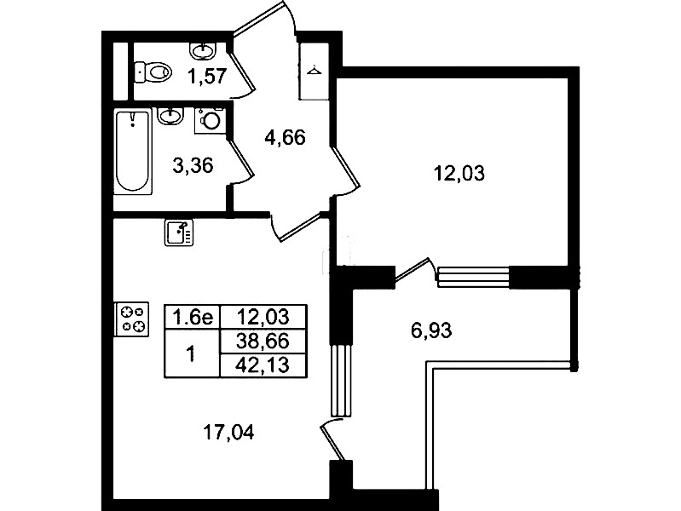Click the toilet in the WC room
152,72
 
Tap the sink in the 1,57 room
203,50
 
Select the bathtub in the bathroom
133,152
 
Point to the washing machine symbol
211,120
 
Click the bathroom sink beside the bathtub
170,116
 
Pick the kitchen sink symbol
179,233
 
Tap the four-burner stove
131,319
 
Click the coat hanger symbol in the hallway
313,69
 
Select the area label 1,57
207,77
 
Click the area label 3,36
193,165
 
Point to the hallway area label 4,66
285,138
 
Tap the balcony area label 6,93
431,330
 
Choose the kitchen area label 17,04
229,433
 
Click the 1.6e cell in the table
193,317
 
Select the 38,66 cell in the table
263,342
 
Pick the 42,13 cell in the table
263,365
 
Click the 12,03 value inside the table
263,317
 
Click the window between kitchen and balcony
341,381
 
